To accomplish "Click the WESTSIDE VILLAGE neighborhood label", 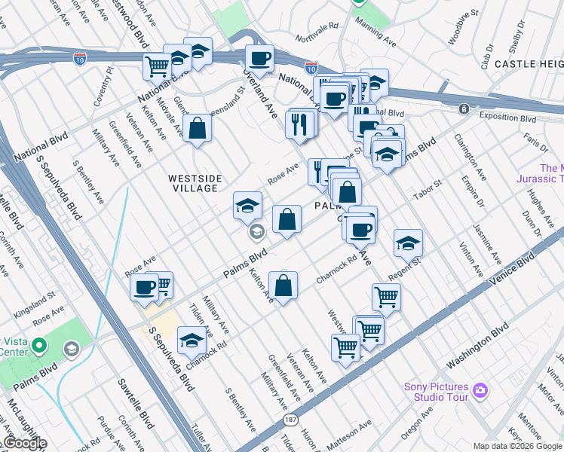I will click(195, 183).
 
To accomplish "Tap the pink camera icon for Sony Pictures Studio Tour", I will click(480, 392).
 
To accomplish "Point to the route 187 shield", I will click(290, 419).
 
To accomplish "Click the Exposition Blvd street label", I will click(507, 118).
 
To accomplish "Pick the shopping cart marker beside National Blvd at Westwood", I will click(157, 66).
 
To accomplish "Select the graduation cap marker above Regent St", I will click(408, 243).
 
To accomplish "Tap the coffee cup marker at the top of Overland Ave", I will click(260, 58).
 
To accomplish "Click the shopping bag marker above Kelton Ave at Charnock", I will click(283, 286).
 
